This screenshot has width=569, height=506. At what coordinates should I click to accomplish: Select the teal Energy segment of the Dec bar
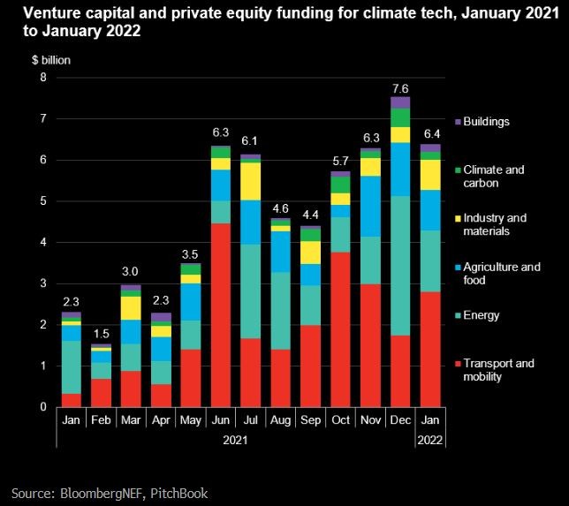tap(400, 266)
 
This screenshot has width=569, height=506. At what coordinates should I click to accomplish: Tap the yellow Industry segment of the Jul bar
tap(251, 182)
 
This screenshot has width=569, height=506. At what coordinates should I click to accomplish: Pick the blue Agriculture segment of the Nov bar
tap(370, 207)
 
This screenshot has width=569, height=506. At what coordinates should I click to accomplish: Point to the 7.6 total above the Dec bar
tap(400, 88)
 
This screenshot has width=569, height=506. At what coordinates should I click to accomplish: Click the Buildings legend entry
tap(489, 122)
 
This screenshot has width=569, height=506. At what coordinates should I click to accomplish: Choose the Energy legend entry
tap(482, 315)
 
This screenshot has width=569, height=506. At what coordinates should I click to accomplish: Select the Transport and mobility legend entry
tap(499, 370)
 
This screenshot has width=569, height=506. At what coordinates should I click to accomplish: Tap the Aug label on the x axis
tap(280, 420)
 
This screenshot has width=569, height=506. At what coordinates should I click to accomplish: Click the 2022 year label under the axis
tap(430, 439)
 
